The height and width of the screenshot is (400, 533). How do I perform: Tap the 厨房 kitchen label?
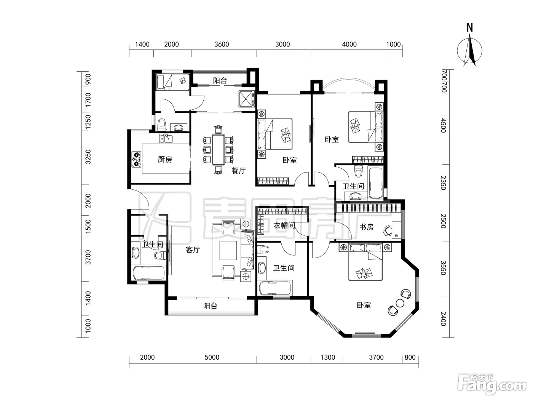point(165,160)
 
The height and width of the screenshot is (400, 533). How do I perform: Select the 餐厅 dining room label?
point(238,171)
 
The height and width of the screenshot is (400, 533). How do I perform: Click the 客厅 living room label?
point(193,250)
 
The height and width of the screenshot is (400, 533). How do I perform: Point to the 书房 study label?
point(366,227)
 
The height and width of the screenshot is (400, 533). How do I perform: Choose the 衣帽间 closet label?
point(284,226)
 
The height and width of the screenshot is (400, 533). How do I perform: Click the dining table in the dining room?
point(218,150)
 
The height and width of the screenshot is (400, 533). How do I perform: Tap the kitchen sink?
point(166,139)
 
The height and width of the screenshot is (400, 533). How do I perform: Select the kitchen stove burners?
point(136,159)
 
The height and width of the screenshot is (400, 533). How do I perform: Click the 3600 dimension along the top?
point(222,45)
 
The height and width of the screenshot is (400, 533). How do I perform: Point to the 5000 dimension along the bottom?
point(212,357)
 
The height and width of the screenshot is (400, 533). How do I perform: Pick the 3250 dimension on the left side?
point(88,157)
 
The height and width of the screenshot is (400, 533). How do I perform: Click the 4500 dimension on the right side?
point(444,126)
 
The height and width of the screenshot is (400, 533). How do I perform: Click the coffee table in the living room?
point(228,250)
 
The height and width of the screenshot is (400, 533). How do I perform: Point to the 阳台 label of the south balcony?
point(210,306)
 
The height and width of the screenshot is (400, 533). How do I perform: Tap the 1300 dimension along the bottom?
point(328,357)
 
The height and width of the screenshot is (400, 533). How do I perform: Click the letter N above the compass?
point(470,27)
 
